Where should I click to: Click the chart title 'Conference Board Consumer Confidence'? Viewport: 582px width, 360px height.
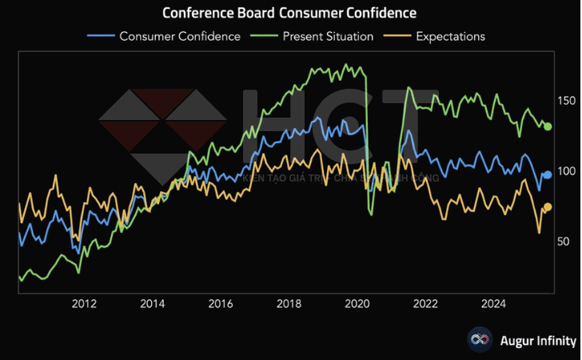(289, 14)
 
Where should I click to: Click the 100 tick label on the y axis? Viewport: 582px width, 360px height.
(564, 171)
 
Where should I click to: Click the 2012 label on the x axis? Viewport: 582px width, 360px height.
(84, 303)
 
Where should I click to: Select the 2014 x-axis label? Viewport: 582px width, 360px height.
(153, 303)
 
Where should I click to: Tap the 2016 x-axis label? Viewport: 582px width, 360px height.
(221, 303)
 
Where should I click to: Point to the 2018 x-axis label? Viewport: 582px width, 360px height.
(289, 303)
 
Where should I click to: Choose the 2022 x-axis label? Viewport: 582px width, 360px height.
(425, 303)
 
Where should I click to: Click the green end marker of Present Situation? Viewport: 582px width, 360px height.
(548, 126)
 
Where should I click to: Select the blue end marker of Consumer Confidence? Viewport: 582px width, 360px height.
(548, 175)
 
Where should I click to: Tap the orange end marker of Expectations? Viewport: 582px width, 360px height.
(548, 207)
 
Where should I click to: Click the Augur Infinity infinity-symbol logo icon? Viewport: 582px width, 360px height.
(480, 340)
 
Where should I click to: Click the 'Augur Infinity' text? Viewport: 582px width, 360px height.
(537, 341)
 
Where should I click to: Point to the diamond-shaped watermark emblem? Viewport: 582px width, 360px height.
(163, 132)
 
